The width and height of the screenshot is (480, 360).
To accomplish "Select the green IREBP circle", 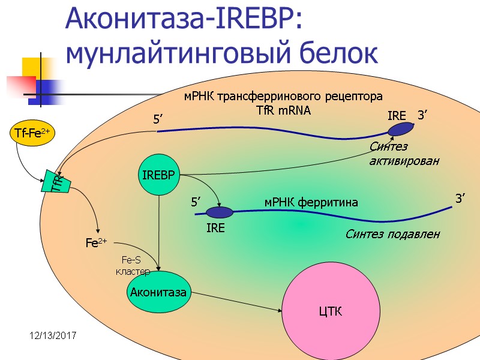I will click(x=158, y=176).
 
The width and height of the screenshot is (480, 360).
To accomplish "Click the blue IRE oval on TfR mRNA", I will click(x=400, y=129).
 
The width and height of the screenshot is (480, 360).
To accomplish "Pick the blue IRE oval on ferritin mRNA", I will click(x=220, y=212).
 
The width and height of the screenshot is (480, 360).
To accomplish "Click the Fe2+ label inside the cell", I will click(x=96, y=244).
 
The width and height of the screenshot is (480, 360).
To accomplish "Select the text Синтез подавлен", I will click(x=392, y=234).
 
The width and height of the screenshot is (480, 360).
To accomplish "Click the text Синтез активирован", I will click(x=404, y=154).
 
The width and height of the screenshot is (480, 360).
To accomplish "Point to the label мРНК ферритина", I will click(x=311, y=202).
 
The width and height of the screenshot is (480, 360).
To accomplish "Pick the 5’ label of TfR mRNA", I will click(x=159, y=121).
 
